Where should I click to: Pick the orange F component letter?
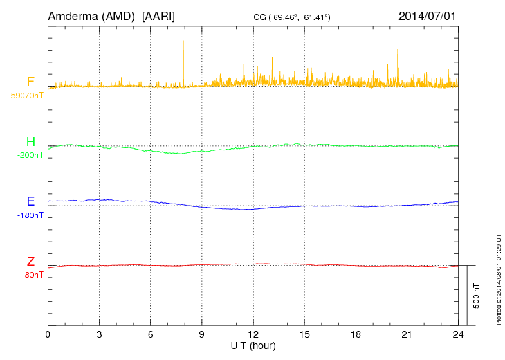click(x=30, y=82)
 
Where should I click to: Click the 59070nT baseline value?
click(x=27, y=96)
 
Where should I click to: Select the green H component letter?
click(x=30, y=142)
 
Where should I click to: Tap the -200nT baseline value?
click(x=30, y=155)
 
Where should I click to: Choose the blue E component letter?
click(x=30, y=201)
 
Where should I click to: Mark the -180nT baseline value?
click(x=30, y=215)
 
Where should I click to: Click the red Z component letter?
click(x=30, y=262)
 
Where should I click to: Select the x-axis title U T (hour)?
click(x=253, y=345)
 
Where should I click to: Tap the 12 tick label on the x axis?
click(x=253, y=334)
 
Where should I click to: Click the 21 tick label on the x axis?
click(x=407, y=334)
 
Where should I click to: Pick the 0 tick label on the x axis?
click(x=48, y=334)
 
